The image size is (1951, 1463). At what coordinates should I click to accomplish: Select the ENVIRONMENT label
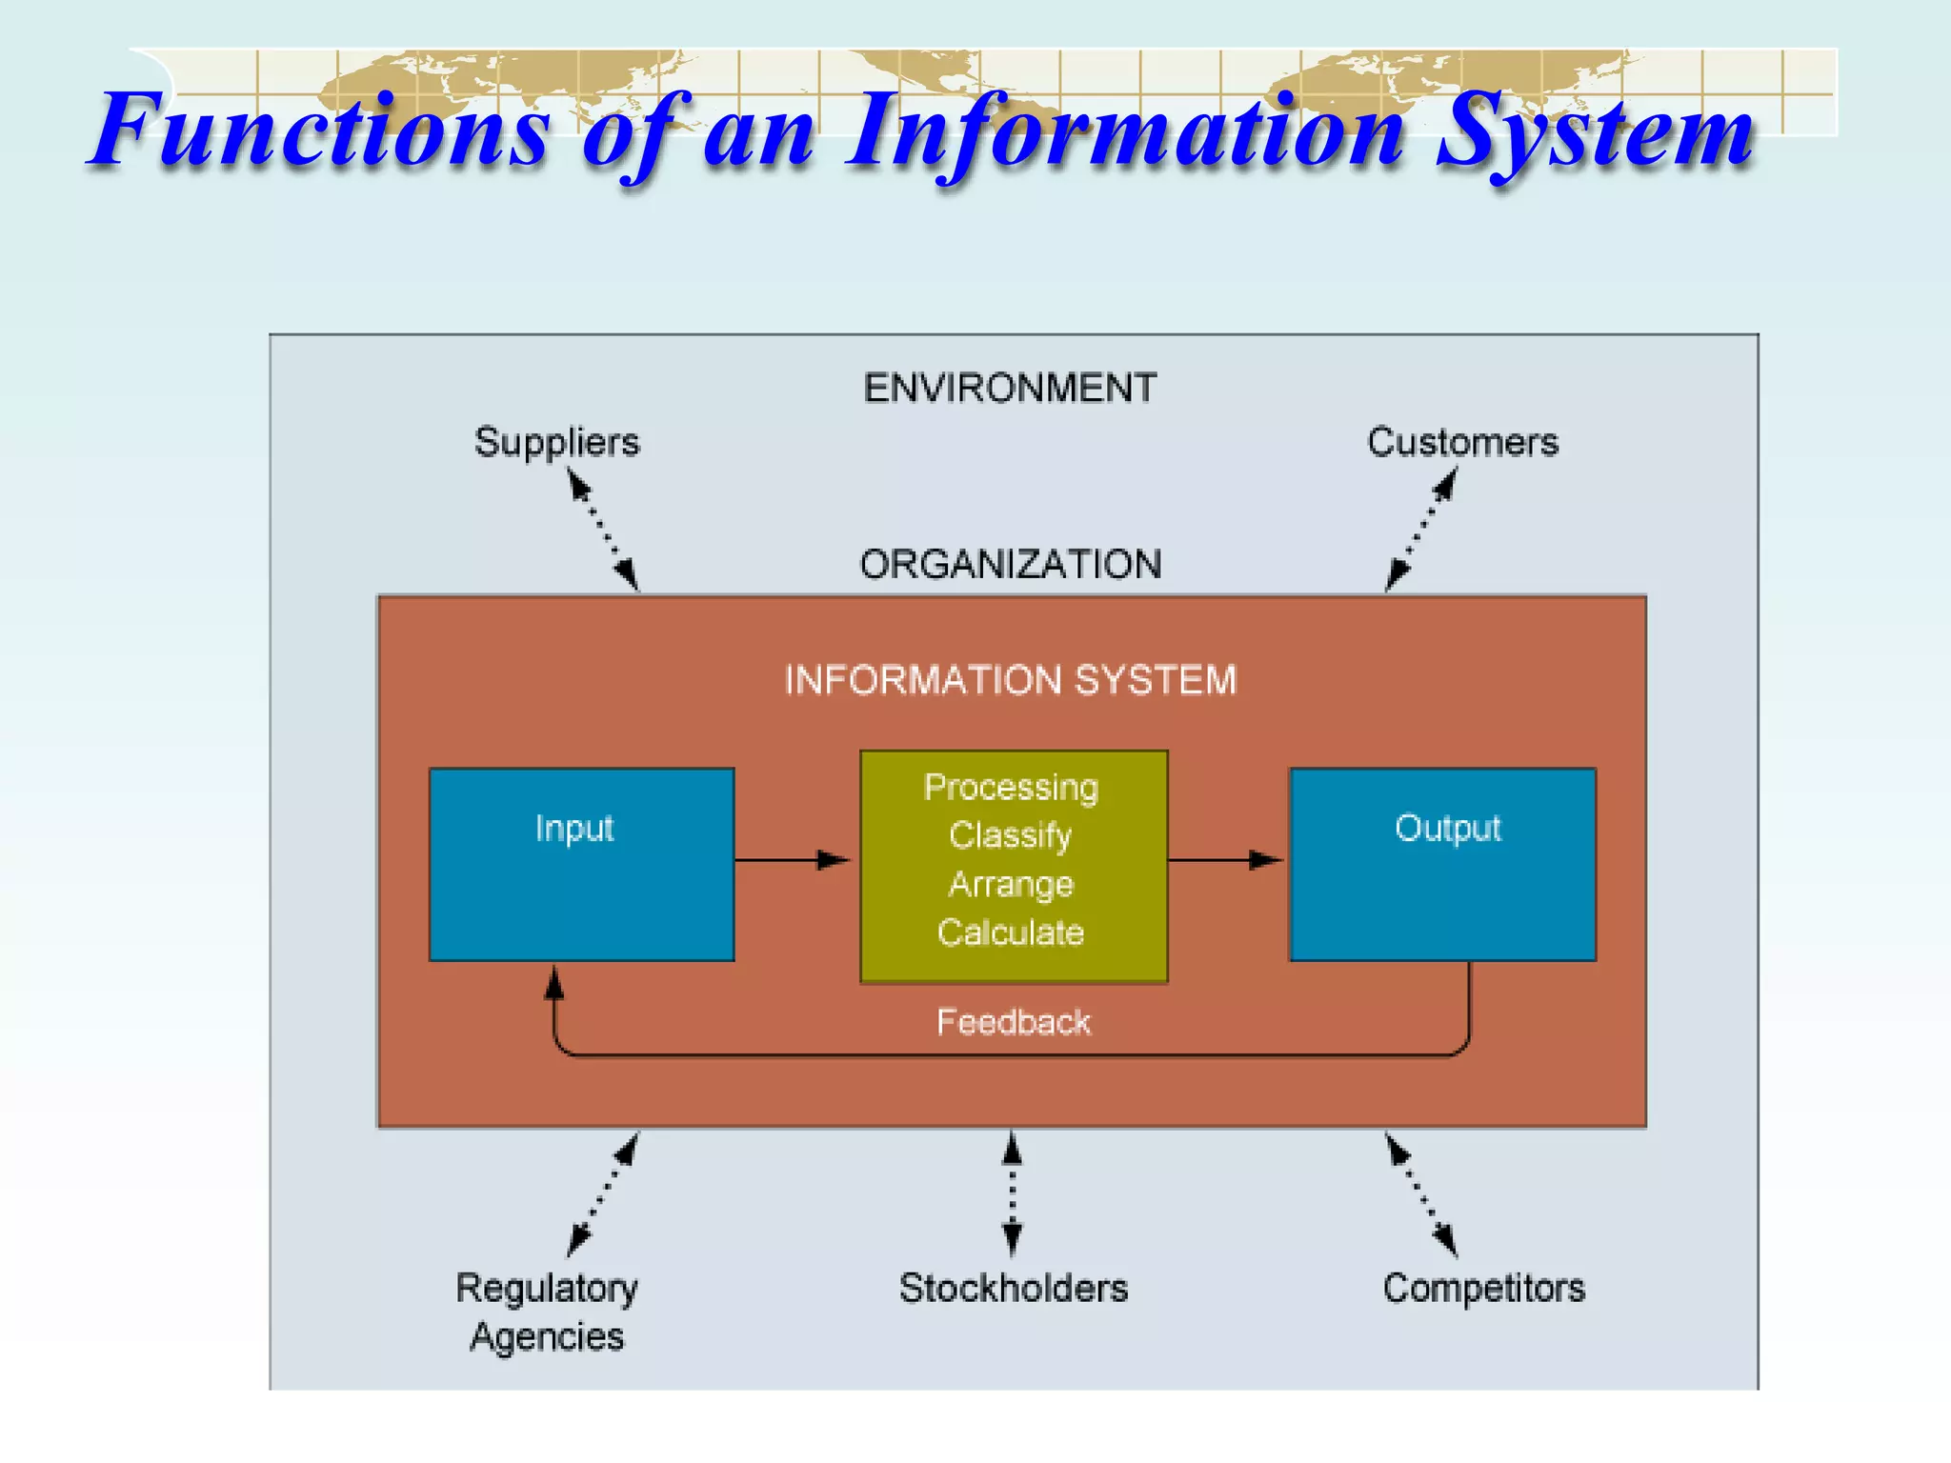(x=1010, y=389)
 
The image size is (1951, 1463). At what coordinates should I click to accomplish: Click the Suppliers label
(x=557, y=443)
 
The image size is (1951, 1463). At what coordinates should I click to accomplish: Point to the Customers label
(x=1462, y=443)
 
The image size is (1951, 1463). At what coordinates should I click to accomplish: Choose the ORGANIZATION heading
(x=1010, y=564)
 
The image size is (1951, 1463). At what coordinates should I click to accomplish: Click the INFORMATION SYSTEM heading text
(x=1010, y=680)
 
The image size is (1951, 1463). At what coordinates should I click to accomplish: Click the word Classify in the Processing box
(x=1010, y=835)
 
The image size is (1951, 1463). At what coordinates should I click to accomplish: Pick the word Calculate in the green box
(x=1010, y=932)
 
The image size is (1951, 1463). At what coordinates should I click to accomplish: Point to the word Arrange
(x=1010, y=885)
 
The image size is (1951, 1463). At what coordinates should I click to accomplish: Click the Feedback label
(x=1013, y=1022)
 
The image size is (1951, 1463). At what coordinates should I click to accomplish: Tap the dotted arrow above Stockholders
(x=1012, y=1194)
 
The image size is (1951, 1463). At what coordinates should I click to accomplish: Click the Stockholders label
(x=1013, y=1288)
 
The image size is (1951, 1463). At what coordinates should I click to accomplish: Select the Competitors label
(x=1483, y=1288)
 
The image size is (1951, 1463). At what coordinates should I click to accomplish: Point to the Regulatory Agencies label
(x=547, y=1312)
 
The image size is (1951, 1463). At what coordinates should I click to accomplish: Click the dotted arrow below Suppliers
(x=603, y=531)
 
